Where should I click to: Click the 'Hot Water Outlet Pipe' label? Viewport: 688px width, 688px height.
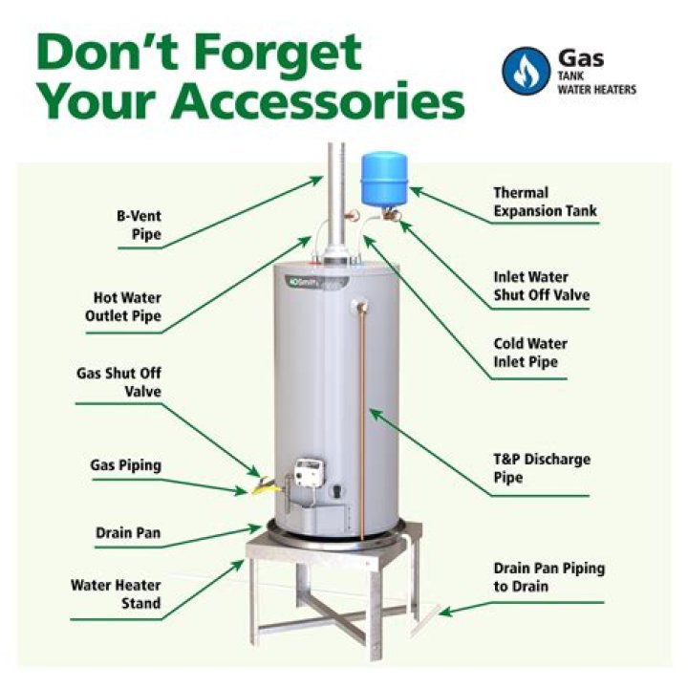point(127,307)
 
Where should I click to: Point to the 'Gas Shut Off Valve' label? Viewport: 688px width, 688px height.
point(119,380)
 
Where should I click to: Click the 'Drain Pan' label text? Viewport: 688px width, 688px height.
point(127,532)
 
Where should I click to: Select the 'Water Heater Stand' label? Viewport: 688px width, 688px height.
point(116,593)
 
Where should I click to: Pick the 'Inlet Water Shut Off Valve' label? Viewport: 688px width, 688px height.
point(541,287)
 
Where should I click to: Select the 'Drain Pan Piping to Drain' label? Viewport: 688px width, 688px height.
point(548,576)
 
